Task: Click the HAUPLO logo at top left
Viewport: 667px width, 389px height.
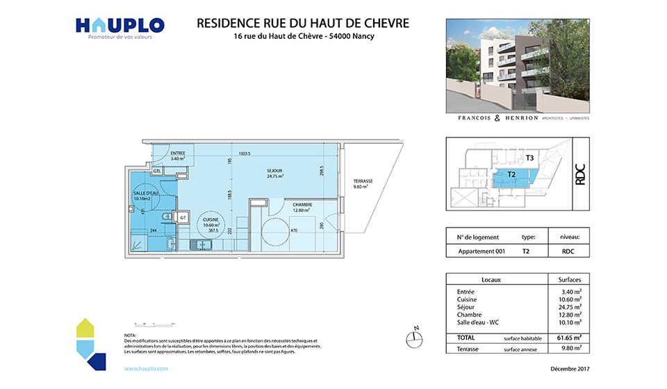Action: [x=120, y=26]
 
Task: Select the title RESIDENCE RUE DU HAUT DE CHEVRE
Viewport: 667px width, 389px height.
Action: [x=303, y=23]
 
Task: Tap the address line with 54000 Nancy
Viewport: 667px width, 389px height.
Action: [x=303, y=37]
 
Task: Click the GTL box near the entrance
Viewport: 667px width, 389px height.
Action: [x=158, y=171]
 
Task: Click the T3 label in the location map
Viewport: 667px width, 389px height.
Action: [x=530, y=158]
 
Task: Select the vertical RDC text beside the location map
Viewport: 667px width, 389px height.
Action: [x=580, y=173]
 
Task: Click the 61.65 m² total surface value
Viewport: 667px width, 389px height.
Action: [x=570, y=338]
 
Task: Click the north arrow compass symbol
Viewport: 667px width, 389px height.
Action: [x=415, y=338]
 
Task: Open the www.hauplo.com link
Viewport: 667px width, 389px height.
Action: [x=146, y=369]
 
